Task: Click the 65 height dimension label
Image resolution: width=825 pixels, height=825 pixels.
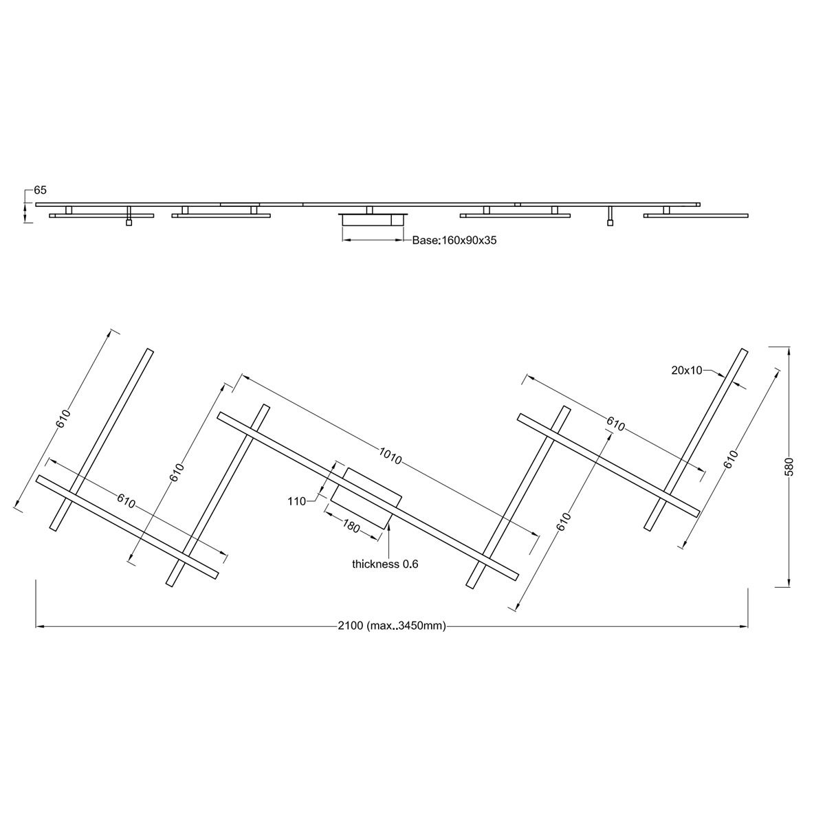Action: pos(40,190)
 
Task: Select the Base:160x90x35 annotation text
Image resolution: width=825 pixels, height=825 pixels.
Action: pos(454,240)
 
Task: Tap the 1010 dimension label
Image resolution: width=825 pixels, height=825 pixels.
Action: pos(390,455)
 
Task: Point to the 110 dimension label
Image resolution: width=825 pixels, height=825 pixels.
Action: pos(297,501)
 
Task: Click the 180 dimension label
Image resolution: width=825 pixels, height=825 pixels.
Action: pos(351,526)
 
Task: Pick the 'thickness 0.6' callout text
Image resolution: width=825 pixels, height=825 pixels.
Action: pos(385,564)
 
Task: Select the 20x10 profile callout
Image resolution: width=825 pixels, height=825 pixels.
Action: pos(687,371)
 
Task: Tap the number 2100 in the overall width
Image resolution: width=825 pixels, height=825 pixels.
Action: pos(350,626)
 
